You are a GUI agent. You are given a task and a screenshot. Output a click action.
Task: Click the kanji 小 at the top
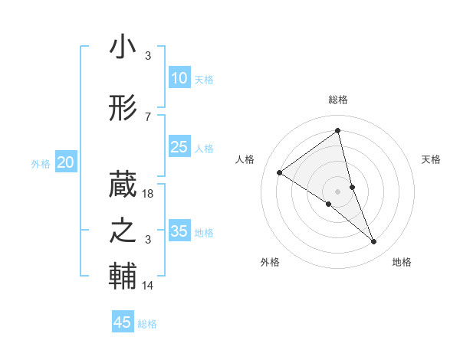click(123, 47)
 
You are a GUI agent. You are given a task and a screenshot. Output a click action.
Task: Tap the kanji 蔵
click(123, 185)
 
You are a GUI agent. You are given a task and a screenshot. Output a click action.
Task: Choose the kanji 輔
click(123, 277)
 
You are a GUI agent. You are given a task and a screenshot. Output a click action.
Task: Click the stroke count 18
click(149, 194)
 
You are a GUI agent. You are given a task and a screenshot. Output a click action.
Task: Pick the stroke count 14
click(149, 286)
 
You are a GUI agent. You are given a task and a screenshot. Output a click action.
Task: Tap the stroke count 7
click(148, 116)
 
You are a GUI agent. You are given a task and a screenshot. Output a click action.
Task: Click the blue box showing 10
click(179, 78)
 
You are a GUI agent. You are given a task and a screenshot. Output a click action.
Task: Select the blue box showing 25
click(179, 147)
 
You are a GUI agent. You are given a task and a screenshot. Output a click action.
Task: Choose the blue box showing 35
click(179, 231)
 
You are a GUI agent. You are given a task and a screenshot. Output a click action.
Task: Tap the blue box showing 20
click(66, 162)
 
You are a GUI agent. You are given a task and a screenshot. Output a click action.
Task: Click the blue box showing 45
click(123, 322)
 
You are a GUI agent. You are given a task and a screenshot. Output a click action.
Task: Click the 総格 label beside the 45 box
click(147, 324)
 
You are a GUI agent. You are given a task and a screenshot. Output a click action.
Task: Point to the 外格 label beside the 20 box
click(41, 164)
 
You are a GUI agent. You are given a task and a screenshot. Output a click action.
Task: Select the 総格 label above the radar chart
click(337, 100)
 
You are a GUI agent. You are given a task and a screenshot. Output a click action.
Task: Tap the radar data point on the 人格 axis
click(280, 172)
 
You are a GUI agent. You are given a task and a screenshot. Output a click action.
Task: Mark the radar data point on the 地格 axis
click(374, 242)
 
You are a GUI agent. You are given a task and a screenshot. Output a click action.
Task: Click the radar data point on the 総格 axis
click(337, 131)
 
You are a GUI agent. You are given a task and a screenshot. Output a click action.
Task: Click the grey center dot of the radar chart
click(337, 191)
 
